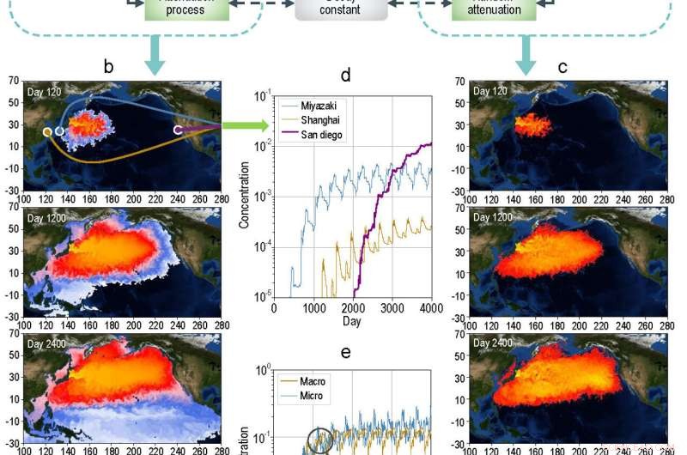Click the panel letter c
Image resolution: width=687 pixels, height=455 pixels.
click(561, 66)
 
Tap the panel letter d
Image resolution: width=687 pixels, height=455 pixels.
click(345, 76)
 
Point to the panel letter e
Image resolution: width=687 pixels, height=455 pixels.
click(345, 353)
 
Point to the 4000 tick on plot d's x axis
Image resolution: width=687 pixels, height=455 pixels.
click(430, 307)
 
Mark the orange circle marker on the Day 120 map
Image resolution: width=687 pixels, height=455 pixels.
click(47, 132)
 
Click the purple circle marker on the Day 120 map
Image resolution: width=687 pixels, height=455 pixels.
click(178, 130)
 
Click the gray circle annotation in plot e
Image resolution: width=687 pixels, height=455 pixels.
click(319, 439)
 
